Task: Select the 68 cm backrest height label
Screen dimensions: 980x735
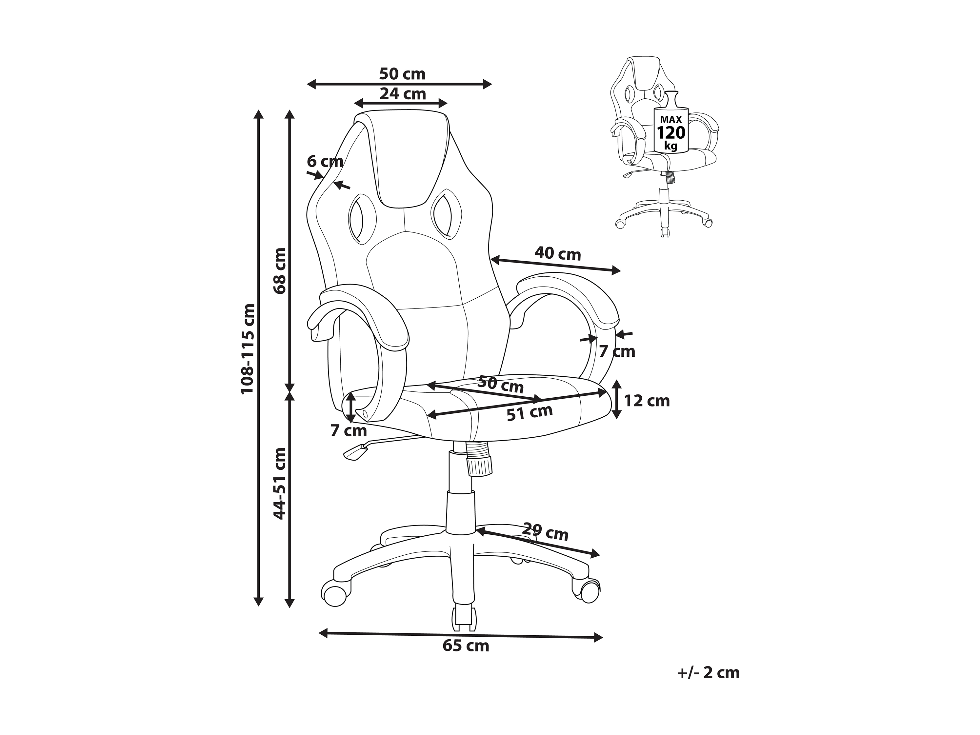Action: click(x=280, y=271)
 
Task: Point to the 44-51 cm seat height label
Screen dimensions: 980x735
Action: click(x=280, y=483)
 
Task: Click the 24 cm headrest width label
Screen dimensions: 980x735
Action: click(x=403, y=94)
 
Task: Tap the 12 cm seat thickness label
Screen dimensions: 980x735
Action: click(x=647, y=401)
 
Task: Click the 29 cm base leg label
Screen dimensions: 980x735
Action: click(x=545, y=532)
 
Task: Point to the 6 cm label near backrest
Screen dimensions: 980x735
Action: click(x=325, y=162)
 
